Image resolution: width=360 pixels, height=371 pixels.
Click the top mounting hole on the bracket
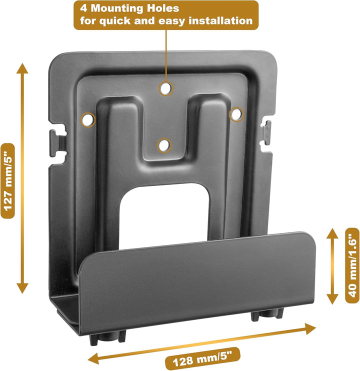point(165,89)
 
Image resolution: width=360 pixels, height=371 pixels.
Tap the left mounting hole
point(87,119)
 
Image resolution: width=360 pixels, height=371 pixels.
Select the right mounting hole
point(236,114)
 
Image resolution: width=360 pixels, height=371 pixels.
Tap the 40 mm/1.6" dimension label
point(352,265)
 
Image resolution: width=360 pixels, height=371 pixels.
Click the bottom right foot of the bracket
point(266,314)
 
